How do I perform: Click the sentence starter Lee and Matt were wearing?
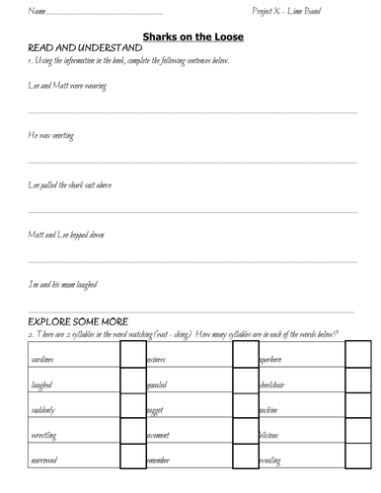[67, 87]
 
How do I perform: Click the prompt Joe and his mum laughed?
[67, 285]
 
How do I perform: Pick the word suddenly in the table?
[43, 408]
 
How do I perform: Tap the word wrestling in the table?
[44, 434]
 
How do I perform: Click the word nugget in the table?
[158, 408]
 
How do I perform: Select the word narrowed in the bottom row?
[45, 458]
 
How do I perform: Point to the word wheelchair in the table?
[275, 385]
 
